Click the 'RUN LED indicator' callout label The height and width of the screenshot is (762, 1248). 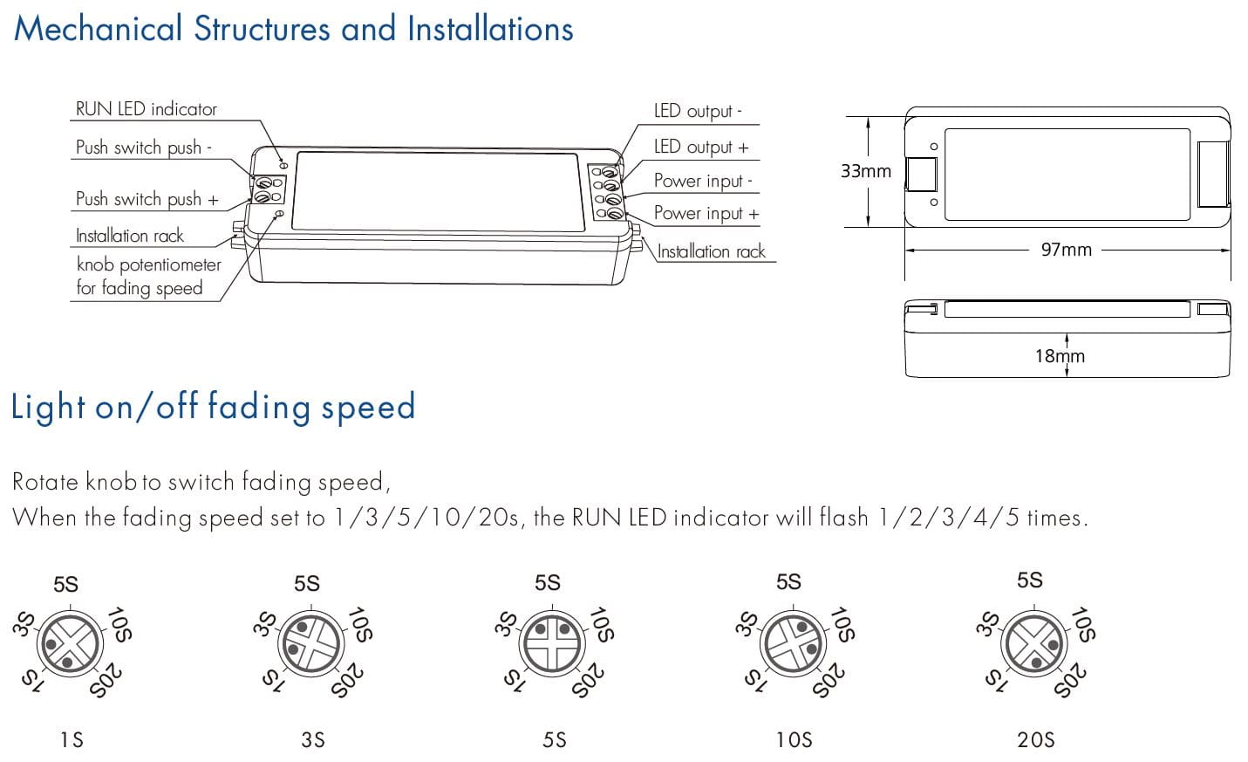(x=146, y=109)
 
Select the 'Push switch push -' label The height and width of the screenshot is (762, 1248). (x=143, y=148)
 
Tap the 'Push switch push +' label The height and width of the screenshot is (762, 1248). (x=147, y=199)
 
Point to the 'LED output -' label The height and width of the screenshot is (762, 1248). (x=698, y=111)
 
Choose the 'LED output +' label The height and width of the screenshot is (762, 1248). (x=701, y=147)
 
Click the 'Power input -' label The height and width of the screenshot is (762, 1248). (x=703, y=181)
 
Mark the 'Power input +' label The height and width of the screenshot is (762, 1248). (x=706, y=213)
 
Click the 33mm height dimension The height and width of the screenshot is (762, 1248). (x=865, y=171)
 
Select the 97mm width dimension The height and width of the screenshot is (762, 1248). (x=1066, y=250)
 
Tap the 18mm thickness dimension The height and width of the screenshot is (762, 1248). (x=1060, y=356)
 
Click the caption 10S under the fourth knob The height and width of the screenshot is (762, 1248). (x=794, y=740)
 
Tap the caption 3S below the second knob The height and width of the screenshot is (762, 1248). (x=313, y=740)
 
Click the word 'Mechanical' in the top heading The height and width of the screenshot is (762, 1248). (x=98, y=29)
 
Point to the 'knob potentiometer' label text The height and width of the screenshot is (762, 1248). (x=148, y=264)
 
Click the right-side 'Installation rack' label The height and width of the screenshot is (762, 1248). (x=711, y=252)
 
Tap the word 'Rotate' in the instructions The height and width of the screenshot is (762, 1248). (x=44, y=482)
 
